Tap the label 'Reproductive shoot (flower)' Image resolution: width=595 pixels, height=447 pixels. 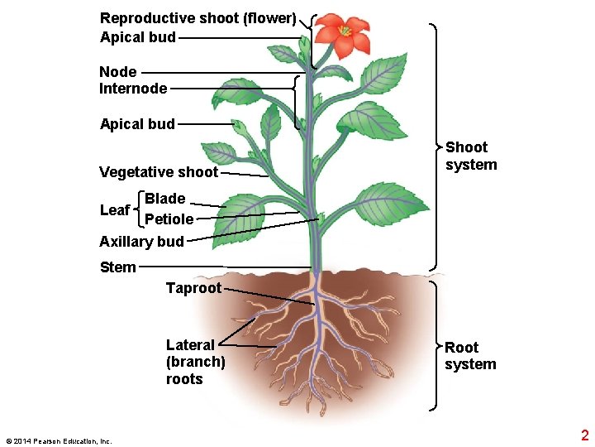(198, 17)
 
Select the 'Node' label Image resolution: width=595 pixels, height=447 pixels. (118, 72)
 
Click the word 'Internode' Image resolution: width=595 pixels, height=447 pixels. (133, 88)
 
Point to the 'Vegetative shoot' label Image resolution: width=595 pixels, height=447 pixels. (159, 172)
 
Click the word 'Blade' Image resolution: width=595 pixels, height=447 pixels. (164, 199)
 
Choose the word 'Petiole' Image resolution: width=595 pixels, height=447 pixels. (169, 219)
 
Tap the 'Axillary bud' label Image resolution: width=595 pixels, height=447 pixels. (141, 242)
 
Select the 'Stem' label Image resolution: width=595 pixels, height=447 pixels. (117, 267)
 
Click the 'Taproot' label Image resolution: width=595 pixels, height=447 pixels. (193, 288)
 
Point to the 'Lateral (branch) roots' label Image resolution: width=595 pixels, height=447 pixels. (195, 362)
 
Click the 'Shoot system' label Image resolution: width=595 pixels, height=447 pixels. (471, 156)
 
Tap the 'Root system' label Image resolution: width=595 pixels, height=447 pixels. (470, 356)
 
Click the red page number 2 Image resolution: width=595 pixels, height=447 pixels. (584, 435)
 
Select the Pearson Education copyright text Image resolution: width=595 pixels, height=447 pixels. (58, 441)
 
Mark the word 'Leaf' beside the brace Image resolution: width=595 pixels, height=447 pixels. (115, 210)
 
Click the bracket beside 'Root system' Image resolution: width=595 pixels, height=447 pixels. (435, 346)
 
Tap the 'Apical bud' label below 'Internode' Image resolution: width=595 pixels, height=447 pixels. (137, 124)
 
